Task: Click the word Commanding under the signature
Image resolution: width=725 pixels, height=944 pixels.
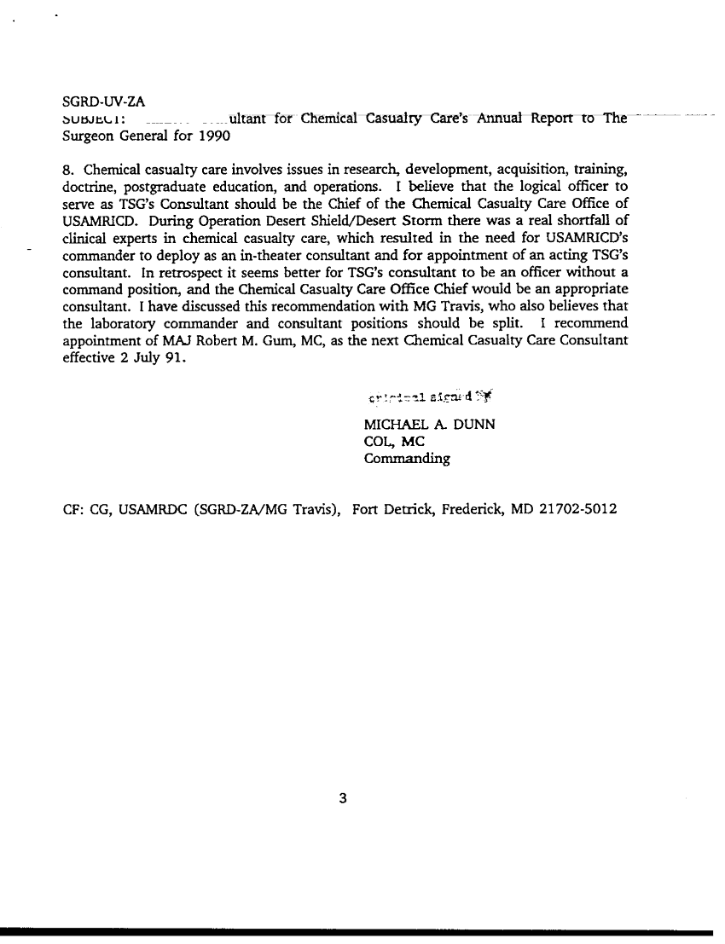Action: tap(407, 458)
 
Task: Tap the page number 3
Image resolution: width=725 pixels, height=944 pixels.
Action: tap(342, 799)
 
